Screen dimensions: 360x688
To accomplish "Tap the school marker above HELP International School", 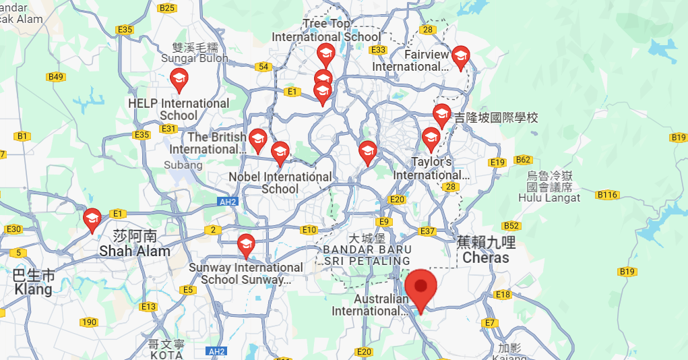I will pyautogui.click(x=179, y=80).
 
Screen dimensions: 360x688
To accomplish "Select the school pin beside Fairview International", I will pyautogui.click(x=460, y=57).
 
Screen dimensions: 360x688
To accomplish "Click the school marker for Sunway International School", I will pyautogui.click(x=246, y=245).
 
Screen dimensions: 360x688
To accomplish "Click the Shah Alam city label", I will pyautogui.click(x=135, y=244).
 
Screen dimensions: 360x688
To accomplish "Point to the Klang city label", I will pyautogui.click(x=33, y=283).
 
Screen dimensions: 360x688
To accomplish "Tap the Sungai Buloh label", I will pyautogui.click(x=195, y=53).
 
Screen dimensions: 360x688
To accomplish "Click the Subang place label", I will pyautogui.click(x=183, y=164).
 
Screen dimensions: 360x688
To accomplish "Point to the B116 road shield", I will pyautogui.click(x=607, y=195).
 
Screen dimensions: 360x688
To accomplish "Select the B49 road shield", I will pyautogui.click(x=56, y=77).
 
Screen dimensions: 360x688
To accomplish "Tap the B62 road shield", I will pyautogui.click(x=523, y=160).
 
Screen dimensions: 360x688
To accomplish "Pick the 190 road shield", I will pyautogui.click(x=89, y=322).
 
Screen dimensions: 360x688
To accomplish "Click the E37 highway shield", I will pyautogui.click(x=427, y=231).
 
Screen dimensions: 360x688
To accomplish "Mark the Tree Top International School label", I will pyautogui.click(x=326, y=30).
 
